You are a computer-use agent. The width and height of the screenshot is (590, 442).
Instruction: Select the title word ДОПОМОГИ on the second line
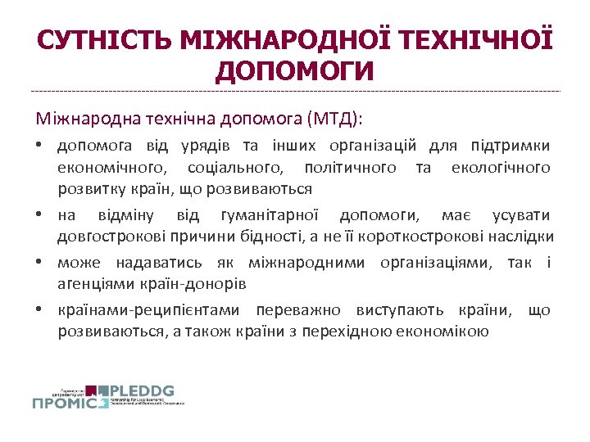click(295, 70)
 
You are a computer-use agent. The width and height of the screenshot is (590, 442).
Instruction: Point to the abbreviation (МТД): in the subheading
click(334, 120)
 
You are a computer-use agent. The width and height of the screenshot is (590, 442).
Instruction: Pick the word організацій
click(374, 147)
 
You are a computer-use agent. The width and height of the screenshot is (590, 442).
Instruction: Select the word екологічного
click(501, 168)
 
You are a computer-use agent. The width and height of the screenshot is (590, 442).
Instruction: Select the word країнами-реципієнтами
click(148, 310)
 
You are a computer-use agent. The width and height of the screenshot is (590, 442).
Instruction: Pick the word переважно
click(299, 310)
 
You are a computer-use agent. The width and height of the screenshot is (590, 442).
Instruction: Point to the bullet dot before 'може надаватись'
click(39, 263)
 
